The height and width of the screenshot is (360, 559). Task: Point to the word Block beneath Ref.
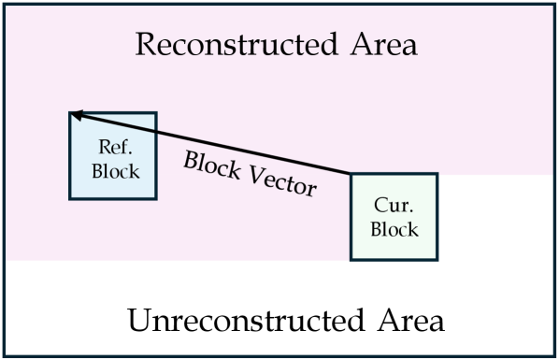[113, 170]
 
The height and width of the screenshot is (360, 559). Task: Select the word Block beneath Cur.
[393, 229]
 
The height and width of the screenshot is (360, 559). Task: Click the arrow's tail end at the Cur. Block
[351, 174]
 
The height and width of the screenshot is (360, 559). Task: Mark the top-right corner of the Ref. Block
[156, 113]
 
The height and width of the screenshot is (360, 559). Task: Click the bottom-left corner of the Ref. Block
[70, 198]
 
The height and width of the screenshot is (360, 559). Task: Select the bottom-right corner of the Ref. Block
[156, 198]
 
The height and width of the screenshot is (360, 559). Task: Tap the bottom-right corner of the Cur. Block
[437, 259]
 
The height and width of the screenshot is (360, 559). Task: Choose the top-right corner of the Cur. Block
[437, 174]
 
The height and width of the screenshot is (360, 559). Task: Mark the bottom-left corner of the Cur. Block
[351, 259]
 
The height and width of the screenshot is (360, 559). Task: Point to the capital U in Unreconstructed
[136, 322]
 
